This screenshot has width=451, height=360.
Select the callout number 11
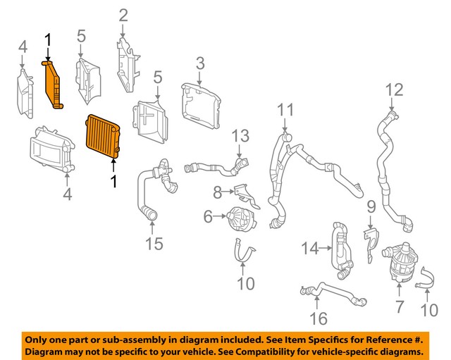[284, 110]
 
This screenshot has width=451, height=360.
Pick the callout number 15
[154, 244]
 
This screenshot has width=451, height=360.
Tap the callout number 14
[309, 247]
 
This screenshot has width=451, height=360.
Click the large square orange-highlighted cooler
[102, 139]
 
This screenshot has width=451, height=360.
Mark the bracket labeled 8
[244, 193]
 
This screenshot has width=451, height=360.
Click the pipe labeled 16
[331, 291]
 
